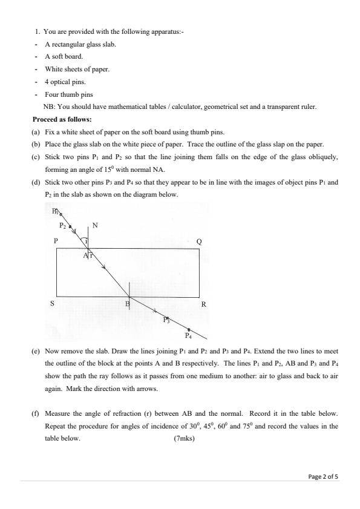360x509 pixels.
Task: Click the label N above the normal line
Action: click(x=95, y=226)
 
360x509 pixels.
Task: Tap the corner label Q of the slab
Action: click(x=200, y=241)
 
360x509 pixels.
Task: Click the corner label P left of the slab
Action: click(x=56, y=241)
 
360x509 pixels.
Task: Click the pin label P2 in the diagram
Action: click(x=62, y=225)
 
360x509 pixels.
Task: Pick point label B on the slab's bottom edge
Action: click(x=126, y=304)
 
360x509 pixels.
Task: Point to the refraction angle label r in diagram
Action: click(x=91, y=255)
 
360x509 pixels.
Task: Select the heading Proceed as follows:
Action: click(x=61, y=119)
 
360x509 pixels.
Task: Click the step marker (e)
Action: click(x=36, y=351)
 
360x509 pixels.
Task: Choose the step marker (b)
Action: click(x=36, y=143)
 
